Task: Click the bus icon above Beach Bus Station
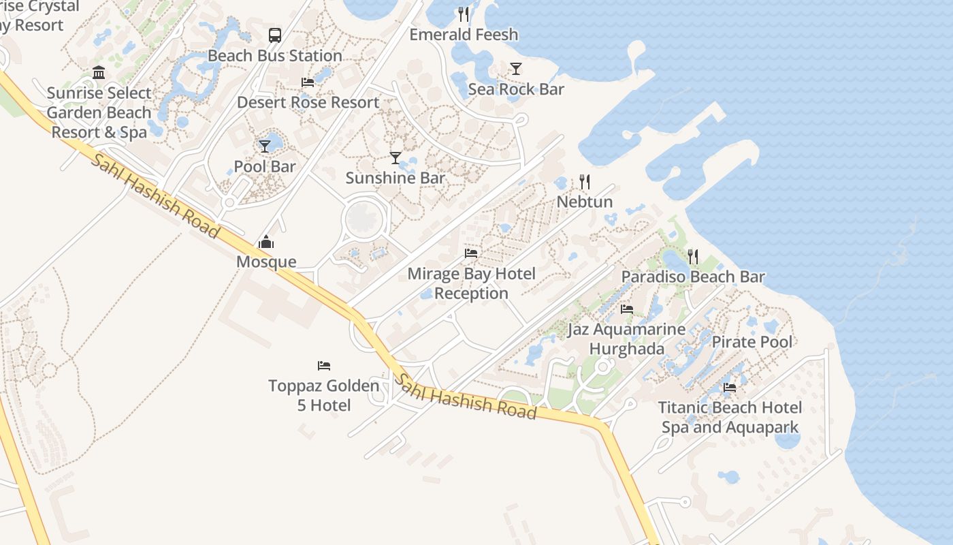(275, 35)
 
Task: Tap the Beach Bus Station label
(275, 56)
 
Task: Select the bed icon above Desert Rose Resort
(308, 82)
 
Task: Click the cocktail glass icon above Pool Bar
(265, 146)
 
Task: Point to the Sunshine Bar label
(395, 178)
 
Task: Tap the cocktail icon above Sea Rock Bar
(516, 68)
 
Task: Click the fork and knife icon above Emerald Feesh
(464, 14)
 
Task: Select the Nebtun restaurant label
(585, 202)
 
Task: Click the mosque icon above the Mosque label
(266, 242)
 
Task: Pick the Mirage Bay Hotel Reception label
(472, 283)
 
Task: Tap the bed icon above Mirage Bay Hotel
(471, 253)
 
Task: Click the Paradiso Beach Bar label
(693, 277)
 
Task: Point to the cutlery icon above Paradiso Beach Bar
(693, 256)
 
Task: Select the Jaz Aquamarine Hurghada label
(627, 339)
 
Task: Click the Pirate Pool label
(752, 341)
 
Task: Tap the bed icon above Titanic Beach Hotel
(730, 388)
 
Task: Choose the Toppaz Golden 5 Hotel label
(324, 396)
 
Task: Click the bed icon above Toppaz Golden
(324, 366)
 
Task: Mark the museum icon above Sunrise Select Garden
(99, 72)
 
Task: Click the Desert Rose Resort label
(308, 102)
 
